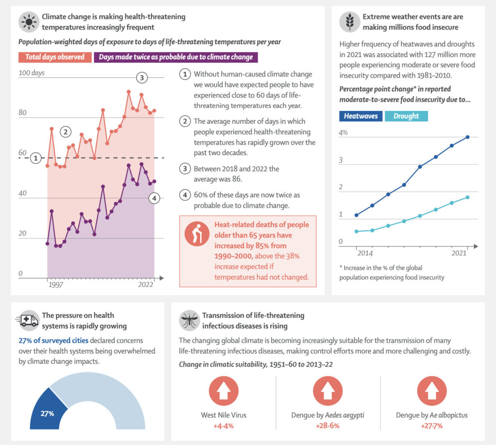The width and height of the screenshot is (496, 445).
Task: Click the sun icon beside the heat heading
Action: tap(29, 22)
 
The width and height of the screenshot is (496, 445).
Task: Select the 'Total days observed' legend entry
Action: tap(55, 57)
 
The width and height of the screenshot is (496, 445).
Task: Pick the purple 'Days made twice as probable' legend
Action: tap(176, 57)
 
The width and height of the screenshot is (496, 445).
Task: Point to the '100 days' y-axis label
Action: tap(31, 73)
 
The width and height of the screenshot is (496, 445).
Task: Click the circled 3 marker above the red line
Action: tap(141, 78)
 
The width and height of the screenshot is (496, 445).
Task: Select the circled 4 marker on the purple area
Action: tap(154, 198)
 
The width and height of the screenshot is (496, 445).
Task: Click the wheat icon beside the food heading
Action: tap(349, 22)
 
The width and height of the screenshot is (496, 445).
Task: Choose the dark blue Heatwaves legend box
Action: tap(361, 116)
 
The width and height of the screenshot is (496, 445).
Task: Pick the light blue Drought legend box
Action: tap(406, 116)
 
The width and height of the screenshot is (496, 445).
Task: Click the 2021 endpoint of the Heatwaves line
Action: tap(467, 137)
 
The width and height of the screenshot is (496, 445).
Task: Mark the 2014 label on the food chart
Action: tap(364, 253)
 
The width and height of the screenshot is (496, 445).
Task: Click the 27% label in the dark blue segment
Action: tap(47, 413)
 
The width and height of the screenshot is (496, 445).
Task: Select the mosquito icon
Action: tap(188, 320)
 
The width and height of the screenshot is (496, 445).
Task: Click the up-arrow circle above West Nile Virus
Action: tap(223, 391)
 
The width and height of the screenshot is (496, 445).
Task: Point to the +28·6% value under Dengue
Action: tap(328, 426)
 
